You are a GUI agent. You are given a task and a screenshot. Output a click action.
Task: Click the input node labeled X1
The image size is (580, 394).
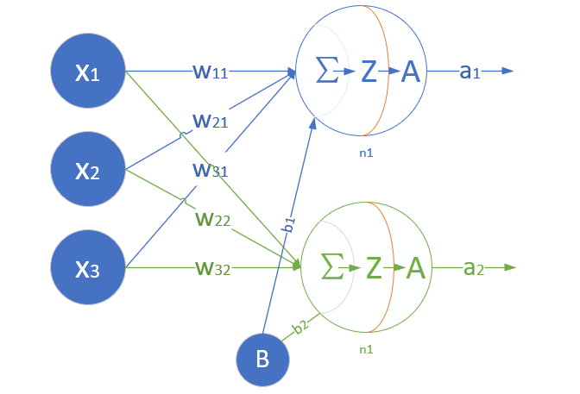click(89, 72)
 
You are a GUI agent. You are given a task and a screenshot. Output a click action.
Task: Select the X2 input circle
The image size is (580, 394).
click(89, 170)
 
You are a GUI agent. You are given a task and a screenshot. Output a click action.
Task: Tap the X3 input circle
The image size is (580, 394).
click(89, 268)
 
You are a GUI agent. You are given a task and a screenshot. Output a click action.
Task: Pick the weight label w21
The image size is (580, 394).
click(210, 121)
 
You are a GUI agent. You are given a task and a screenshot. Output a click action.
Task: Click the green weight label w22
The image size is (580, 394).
click(211, 221)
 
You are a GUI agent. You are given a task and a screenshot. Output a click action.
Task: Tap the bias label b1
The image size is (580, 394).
click(291, 224)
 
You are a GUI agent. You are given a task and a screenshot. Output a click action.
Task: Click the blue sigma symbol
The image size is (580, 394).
click(328, 72)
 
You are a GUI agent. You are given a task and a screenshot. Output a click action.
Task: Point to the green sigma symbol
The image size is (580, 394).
click(331, 268)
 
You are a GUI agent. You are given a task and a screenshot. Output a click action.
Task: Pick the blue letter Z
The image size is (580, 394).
click(369, 72)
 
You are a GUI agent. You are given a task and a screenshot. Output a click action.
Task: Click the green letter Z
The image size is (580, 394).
click(373, 268)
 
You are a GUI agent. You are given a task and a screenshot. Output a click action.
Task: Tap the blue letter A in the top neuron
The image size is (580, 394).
click(411, 72)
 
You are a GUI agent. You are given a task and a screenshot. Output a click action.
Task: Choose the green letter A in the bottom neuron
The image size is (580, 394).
click(415, 268)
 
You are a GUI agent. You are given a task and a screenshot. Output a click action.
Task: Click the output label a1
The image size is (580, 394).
click(470, 72)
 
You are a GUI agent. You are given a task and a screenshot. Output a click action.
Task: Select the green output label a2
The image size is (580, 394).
click(474, 268)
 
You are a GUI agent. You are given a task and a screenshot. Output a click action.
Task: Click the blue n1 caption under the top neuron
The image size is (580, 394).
click(366, 152)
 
